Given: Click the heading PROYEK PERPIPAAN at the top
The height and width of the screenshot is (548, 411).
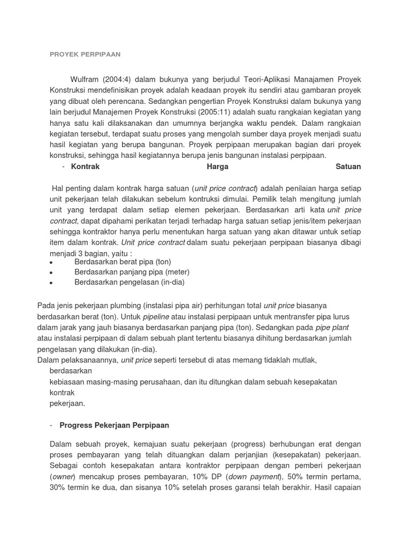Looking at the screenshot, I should tap(85, 54).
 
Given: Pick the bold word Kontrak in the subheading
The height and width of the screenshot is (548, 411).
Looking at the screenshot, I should tap(86, 166).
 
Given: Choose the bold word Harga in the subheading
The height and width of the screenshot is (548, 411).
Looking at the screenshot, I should tap(217, 166).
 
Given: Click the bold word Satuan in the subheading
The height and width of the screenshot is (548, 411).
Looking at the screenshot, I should tap(348, 166).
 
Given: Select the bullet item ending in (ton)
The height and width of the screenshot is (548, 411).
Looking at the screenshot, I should tap(122, 262).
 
